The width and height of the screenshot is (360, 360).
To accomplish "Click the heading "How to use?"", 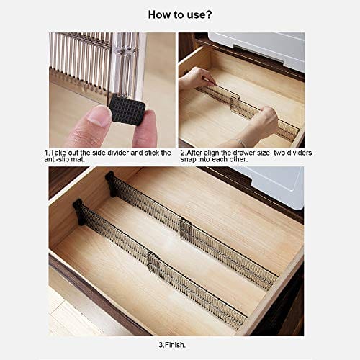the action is pyautogui.click(x=180, y=15).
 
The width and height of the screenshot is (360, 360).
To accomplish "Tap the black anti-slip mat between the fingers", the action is pyautogui.click(x=127, y=111).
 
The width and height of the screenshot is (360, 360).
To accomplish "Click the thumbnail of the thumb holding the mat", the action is pyautogui.click(x=98, y=117).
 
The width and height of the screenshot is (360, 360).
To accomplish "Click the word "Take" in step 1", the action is pyautogui.click(x=58, y=153).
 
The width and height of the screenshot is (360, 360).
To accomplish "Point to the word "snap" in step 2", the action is pyautogui.click(x=189, y=159).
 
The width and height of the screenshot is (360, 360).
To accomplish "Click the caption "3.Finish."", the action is pyautogui.click(x=172, y=345).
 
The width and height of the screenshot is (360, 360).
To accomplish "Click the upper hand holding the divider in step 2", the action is pyautogui.click(x=196, y=78).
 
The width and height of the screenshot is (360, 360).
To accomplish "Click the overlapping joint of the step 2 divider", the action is pyautogui.click(x=235, y=103).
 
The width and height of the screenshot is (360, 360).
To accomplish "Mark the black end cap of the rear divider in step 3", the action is pyautogui.click(x=111, y=184).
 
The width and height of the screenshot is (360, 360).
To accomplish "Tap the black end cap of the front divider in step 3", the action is pyautogui.click(x=78, y=212).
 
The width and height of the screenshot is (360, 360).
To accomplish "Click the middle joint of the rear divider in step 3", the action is pyautogui.click(x=186, y=229).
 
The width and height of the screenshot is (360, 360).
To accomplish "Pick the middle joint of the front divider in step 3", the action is pyautogui.click(x=153, y=264).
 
